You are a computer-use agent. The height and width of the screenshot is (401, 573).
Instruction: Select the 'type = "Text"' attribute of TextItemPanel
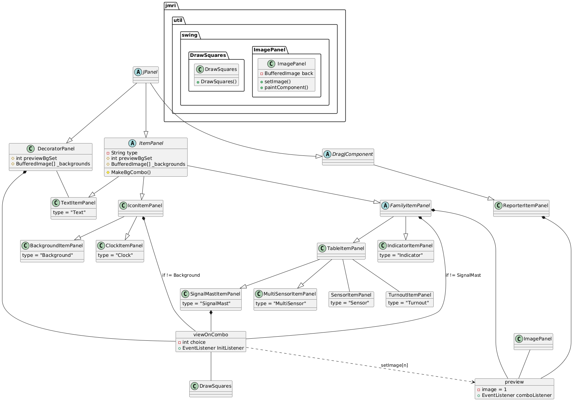(x=69, y=212)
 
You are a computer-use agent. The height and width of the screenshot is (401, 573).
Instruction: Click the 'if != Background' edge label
(x=181, y=275)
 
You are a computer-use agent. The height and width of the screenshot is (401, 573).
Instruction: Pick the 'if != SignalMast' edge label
(x=463, y=275)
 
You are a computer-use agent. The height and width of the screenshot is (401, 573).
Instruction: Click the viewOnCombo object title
(x=211, y=335)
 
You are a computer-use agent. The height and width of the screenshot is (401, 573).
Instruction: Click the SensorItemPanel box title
(x=351, y=295)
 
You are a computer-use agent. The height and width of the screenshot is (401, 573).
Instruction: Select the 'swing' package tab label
(x=190, y=35)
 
